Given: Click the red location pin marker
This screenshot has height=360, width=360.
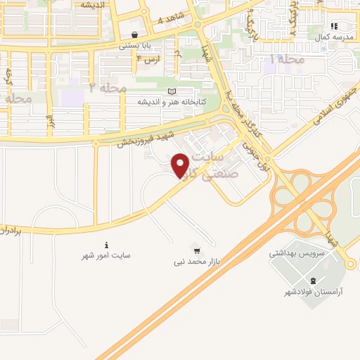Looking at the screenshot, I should coord(181,165).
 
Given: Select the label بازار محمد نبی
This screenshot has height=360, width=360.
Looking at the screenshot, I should coord(197,262).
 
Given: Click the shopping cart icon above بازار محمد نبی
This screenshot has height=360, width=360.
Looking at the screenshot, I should coord(197,250).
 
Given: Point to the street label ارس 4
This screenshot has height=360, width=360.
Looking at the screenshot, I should coord(151,59).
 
